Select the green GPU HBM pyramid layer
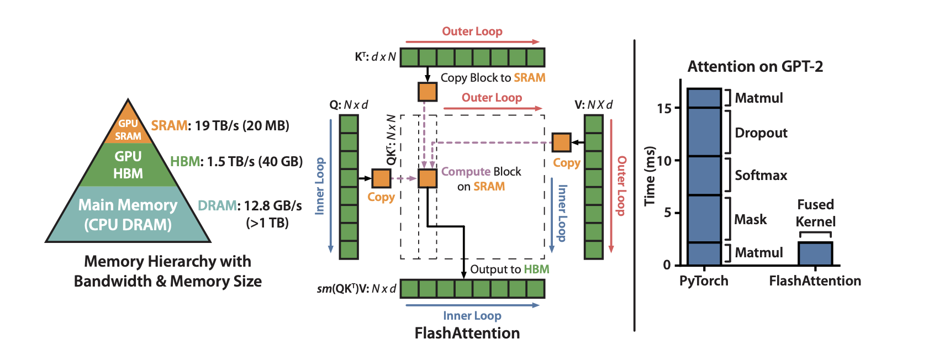pos(128,165)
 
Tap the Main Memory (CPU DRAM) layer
pos(128,215)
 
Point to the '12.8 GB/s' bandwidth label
pos(273,206)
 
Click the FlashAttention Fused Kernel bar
pos(815,253)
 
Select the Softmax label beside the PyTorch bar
pos(761,176)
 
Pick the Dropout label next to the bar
pos(761,133)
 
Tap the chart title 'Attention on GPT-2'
pos(755,67)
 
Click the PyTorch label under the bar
pos(704,281)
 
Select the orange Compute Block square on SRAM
pos(427,178)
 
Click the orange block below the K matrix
pos(427,92)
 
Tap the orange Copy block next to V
pos(561,142)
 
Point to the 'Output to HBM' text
pos(509,269)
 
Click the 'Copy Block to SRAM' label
pos(493,78)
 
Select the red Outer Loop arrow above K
pos(472,41)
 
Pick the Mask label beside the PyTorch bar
pos(750,220)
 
